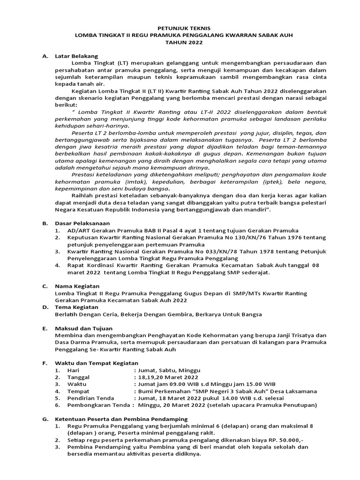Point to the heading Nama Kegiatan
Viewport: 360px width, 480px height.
pyautogui.click(x=77, y=286)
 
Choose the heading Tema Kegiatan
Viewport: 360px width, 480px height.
pyautogui.click(x=76, y=307)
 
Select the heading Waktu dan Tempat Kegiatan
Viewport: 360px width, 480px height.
pyautogui.click(x=97, y=363)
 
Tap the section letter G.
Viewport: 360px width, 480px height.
pyautogui.click(x=45, y=418)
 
